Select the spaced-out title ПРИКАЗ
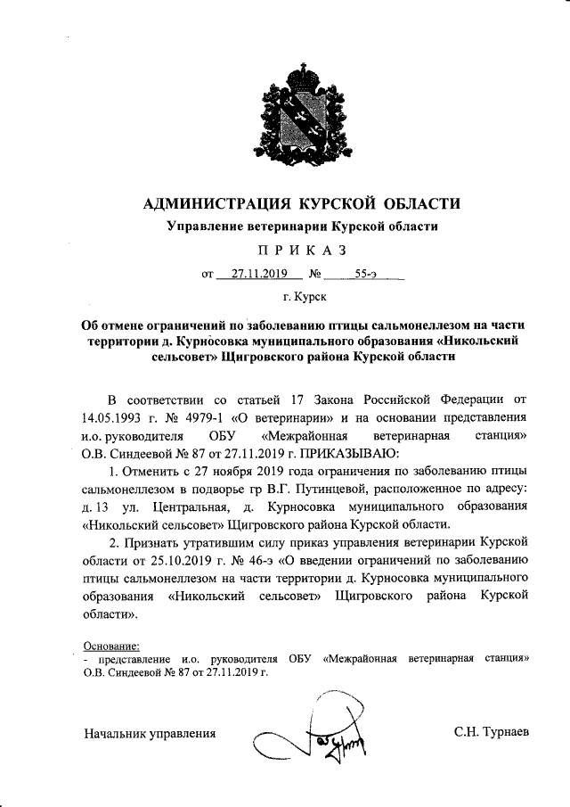(x=303, y=250)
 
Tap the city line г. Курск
(x=303, y=295)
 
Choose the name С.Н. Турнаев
(x=491, y=732)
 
